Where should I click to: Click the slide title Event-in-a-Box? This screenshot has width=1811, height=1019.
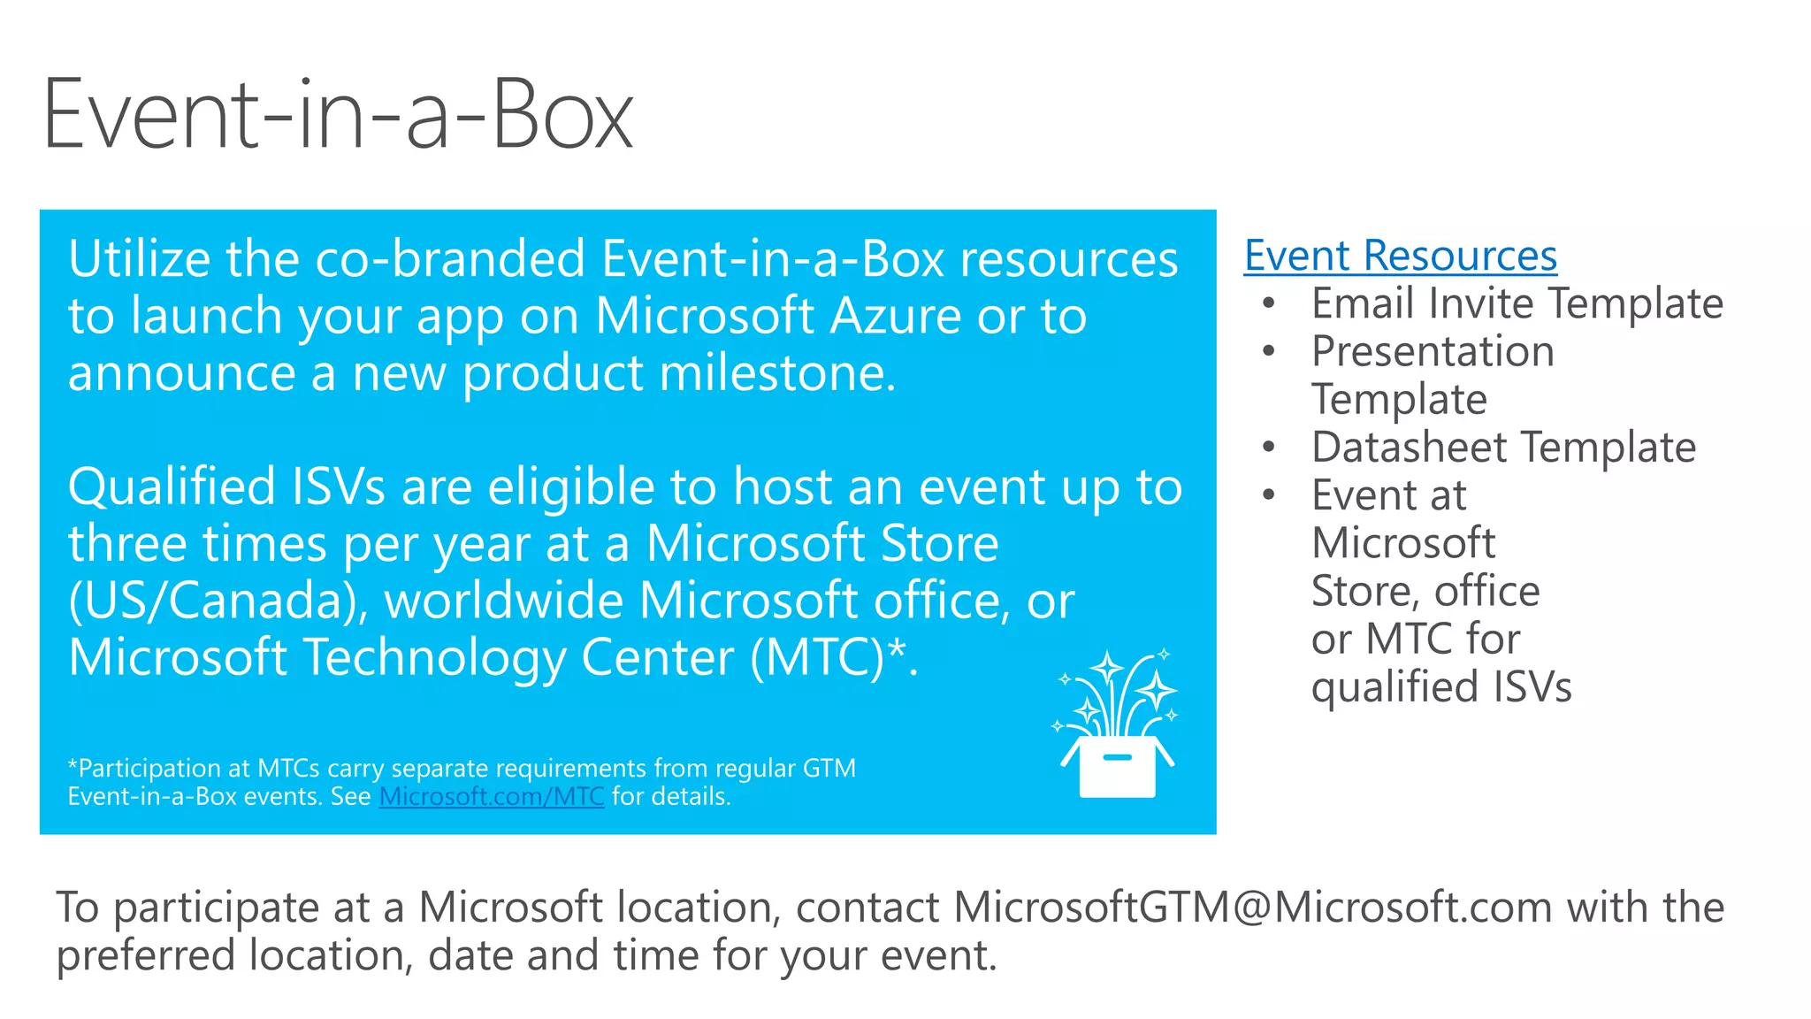click(338, 115)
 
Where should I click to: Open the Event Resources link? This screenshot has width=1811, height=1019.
click(1400, 257)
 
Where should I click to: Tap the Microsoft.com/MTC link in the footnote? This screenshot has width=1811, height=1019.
click(492, 796)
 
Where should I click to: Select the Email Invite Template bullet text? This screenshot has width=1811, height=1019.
click(1517, 304)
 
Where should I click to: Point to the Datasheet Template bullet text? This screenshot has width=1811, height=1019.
click(1503, 448)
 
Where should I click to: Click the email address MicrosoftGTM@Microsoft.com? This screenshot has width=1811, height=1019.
click(1252, 908)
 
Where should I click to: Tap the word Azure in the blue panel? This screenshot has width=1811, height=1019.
click(895, 316)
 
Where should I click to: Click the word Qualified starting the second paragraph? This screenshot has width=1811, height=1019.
click(172, 487)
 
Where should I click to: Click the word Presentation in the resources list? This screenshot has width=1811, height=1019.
click(1433, 352)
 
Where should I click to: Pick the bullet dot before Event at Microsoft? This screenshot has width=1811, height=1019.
click(1269, 494)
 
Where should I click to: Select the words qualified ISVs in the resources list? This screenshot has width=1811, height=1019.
click(1441, 687)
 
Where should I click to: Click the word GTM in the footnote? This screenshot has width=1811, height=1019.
click(829, 768)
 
